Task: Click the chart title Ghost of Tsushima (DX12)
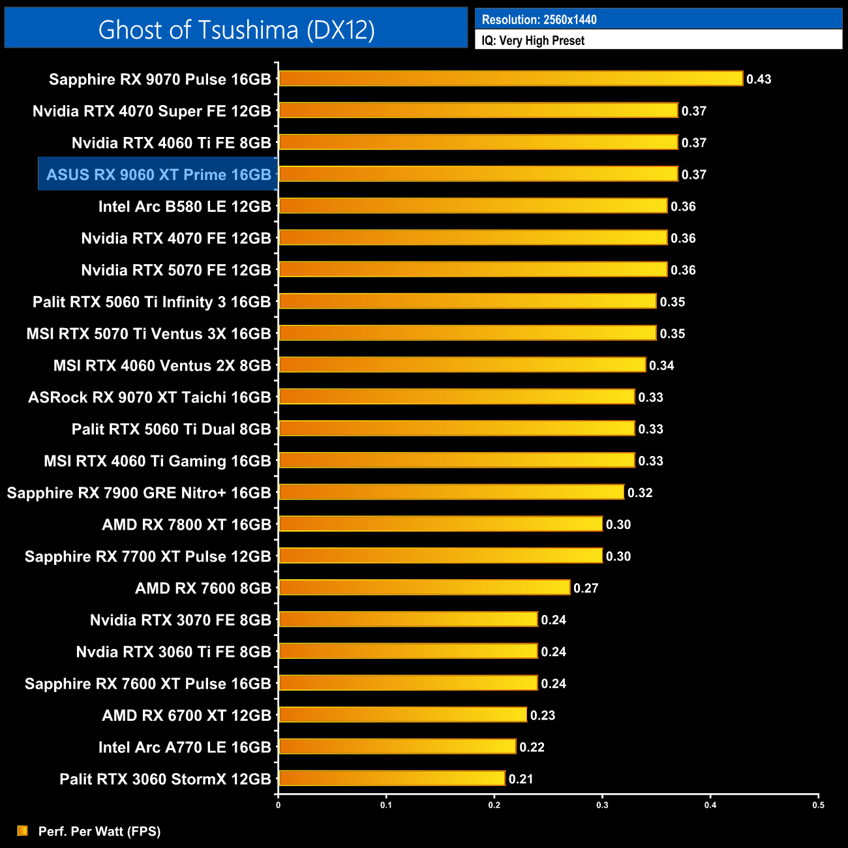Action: click(x=236, y=29)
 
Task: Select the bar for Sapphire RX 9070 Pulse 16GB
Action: click(x=511, y=79)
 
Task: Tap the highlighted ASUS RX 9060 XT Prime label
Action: click(x=159, y=175)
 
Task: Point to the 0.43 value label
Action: click(x=759, y=80)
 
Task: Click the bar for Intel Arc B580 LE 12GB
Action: click(x=473, y=206)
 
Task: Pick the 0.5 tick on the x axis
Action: click(x=818, y=805)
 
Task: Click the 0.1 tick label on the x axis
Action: click(x=386, y=805)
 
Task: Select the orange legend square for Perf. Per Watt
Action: click(x=23, y=830)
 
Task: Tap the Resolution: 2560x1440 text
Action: click(x=539, y=20)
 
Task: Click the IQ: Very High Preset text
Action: click(x=533, y=40)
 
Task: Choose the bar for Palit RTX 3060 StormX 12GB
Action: click(x=391, y=778)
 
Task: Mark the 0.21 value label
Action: click(x=521, y=779)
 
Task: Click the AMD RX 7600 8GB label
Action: click(x=203, y=588)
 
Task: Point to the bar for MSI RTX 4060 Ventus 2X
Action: click(x=462, y=365)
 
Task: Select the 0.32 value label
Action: click(x=640, y=493)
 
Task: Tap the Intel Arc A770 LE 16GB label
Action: click(x=185, y=748)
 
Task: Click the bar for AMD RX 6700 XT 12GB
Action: click(x=402, y=715)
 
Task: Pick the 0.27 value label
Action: click(x=586, y=588)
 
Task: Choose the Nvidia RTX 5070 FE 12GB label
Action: click(x=176, y=270)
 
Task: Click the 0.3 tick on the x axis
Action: click(x=602, y=805)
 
